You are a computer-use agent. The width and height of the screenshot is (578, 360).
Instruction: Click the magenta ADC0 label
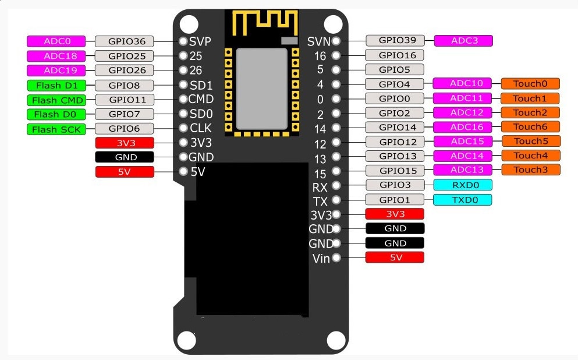click(56, 41)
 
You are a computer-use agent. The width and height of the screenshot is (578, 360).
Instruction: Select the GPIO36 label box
click(124, 41)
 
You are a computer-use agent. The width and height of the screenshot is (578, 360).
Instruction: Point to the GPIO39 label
click(395, 40)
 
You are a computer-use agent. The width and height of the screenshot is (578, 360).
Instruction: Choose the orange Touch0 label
click(530, 83)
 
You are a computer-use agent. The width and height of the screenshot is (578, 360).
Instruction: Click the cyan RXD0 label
click(462, 185)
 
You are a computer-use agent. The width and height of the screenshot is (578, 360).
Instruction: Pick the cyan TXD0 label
click(462, 200)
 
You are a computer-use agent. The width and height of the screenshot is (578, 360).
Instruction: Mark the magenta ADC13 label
click(462, 170)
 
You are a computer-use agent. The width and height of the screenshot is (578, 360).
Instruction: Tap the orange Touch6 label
click(530, 126)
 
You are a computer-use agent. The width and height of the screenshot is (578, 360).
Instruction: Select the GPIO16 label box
click(395, 55)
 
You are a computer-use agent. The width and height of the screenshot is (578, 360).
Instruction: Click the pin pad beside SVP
click(183, 42)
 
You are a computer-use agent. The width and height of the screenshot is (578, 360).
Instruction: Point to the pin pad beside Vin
click(336, 257)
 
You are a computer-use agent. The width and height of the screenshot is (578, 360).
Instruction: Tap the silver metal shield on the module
click(261, 89)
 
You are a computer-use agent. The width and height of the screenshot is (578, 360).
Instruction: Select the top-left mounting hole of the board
click(188, 23)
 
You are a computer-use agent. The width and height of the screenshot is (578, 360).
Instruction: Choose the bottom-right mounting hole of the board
click(336, 339)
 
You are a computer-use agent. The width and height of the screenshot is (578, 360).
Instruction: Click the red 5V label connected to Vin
click(395, 257)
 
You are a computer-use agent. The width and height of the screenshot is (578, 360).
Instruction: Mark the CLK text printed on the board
click(201, 128)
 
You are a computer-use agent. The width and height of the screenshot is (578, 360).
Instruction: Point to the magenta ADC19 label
click(56, 70)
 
